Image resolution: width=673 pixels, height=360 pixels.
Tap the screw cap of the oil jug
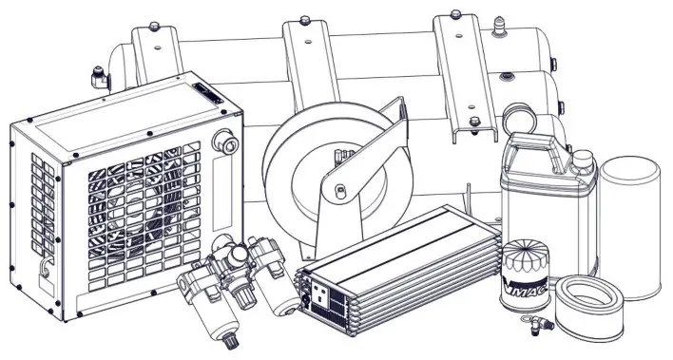(580, 159)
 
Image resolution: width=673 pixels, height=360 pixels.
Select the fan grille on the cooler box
(143, 214)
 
